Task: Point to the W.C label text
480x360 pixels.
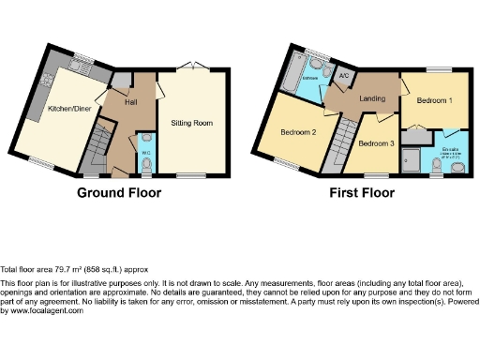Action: [x=145, y=153]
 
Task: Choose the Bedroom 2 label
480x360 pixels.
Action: [x=297, y=133]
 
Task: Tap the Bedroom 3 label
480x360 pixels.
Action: [x=376, y=143]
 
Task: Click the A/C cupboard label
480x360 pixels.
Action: [x=343, y=76]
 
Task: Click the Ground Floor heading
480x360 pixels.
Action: [x=119, y=194]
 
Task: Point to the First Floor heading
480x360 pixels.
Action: [x=361, y=194]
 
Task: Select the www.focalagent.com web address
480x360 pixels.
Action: [x=43, y=310]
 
